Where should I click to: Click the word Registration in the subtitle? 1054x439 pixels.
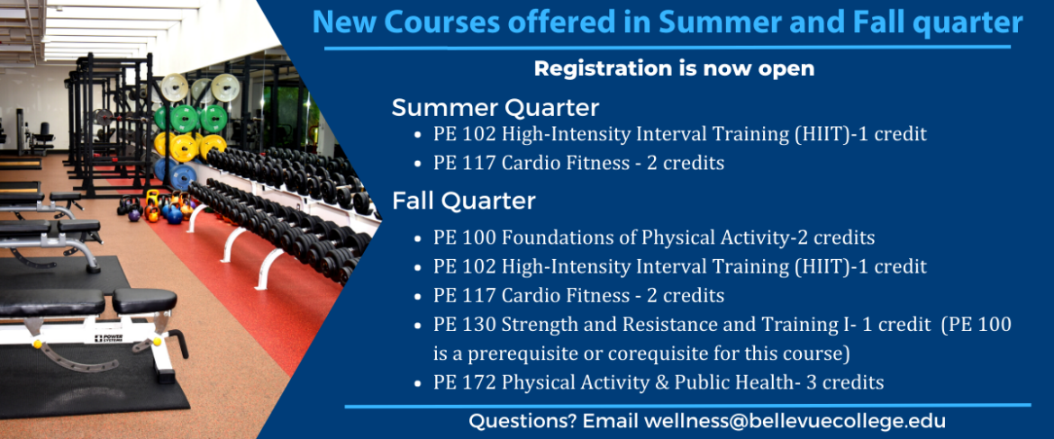(595, 69)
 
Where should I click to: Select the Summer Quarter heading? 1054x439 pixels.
(495, 107)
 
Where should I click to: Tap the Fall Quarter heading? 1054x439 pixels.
(464, 201)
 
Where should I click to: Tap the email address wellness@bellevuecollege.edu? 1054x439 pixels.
(795, 422)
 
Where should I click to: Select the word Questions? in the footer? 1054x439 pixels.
(522, 422)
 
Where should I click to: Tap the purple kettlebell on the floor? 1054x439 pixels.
(134, 215)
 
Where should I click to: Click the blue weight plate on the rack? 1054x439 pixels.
(181, 175)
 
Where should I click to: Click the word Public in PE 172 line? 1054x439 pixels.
(665, 382)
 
